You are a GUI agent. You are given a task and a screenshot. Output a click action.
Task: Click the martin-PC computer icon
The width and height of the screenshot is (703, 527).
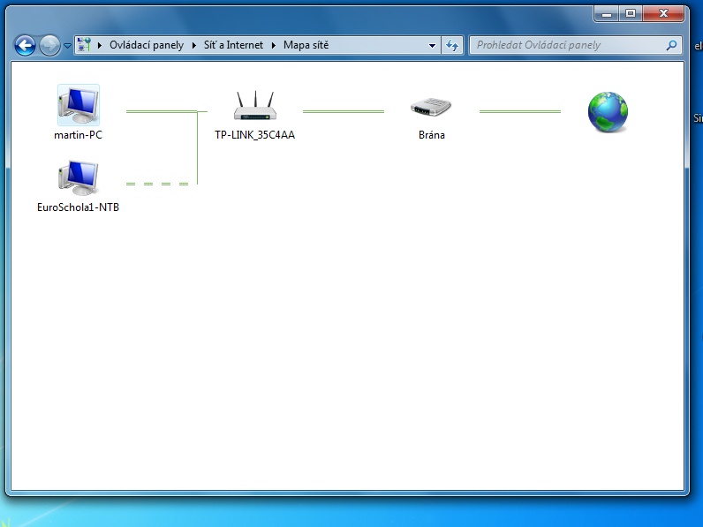tap(79, 105)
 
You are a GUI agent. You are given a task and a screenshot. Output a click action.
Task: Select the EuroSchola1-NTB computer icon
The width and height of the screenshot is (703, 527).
tap(79, 178)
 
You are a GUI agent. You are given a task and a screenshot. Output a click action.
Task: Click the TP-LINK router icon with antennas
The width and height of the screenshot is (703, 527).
tap(255, 106)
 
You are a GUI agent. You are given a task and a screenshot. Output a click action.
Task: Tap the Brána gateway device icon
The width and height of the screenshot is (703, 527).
tap(431, 108)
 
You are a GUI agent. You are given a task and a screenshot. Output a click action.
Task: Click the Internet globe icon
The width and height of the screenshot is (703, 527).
tap(608, 112)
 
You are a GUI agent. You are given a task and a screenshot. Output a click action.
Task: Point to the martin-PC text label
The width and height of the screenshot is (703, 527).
tap(78, 135)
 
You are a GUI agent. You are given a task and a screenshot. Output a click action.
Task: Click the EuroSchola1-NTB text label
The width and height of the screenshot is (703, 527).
tap(78, 207)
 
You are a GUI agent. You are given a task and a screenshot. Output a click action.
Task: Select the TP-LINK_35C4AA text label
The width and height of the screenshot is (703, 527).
tap(254, 135)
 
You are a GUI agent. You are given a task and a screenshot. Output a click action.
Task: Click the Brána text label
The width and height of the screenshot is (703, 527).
tap(432, 135)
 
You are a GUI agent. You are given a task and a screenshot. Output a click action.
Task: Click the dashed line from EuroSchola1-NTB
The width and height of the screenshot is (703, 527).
tap(157, 184)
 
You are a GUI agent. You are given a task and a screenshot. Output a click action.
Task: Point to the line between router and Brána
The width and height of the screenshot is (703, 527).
tap(344, 111)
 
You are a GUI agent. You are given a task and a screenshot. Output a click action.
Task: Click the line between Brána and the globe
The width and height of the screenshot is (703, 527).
tap(520, 111)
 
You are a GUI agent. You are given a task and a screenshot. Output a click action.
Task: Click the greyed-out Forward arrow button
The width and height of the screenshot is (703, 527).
tap(49, 45)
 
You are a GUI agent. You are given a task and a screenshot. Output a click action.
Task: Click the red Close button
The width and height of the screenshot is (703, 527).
tap(663, 14)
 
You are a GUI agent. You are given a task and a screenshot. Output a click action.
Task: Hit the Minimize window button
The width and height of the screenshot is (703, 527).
tap(607, 14)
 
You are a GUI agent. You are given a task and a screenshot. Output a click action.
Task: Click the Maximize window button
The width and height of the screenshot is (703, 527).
tap(631, 14)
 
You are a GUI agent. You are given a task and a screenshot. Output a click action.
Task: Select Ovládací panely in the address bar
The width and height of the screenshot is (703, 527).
tap(147, 45)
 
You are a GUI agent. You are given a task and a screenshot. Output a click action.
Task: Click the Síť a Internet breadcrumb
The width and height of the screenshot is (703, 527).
tap(233, 45)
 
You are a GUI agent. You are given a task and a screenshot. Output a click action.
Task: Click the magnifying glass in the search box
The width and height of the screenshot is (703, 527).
tap(671, 45)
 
